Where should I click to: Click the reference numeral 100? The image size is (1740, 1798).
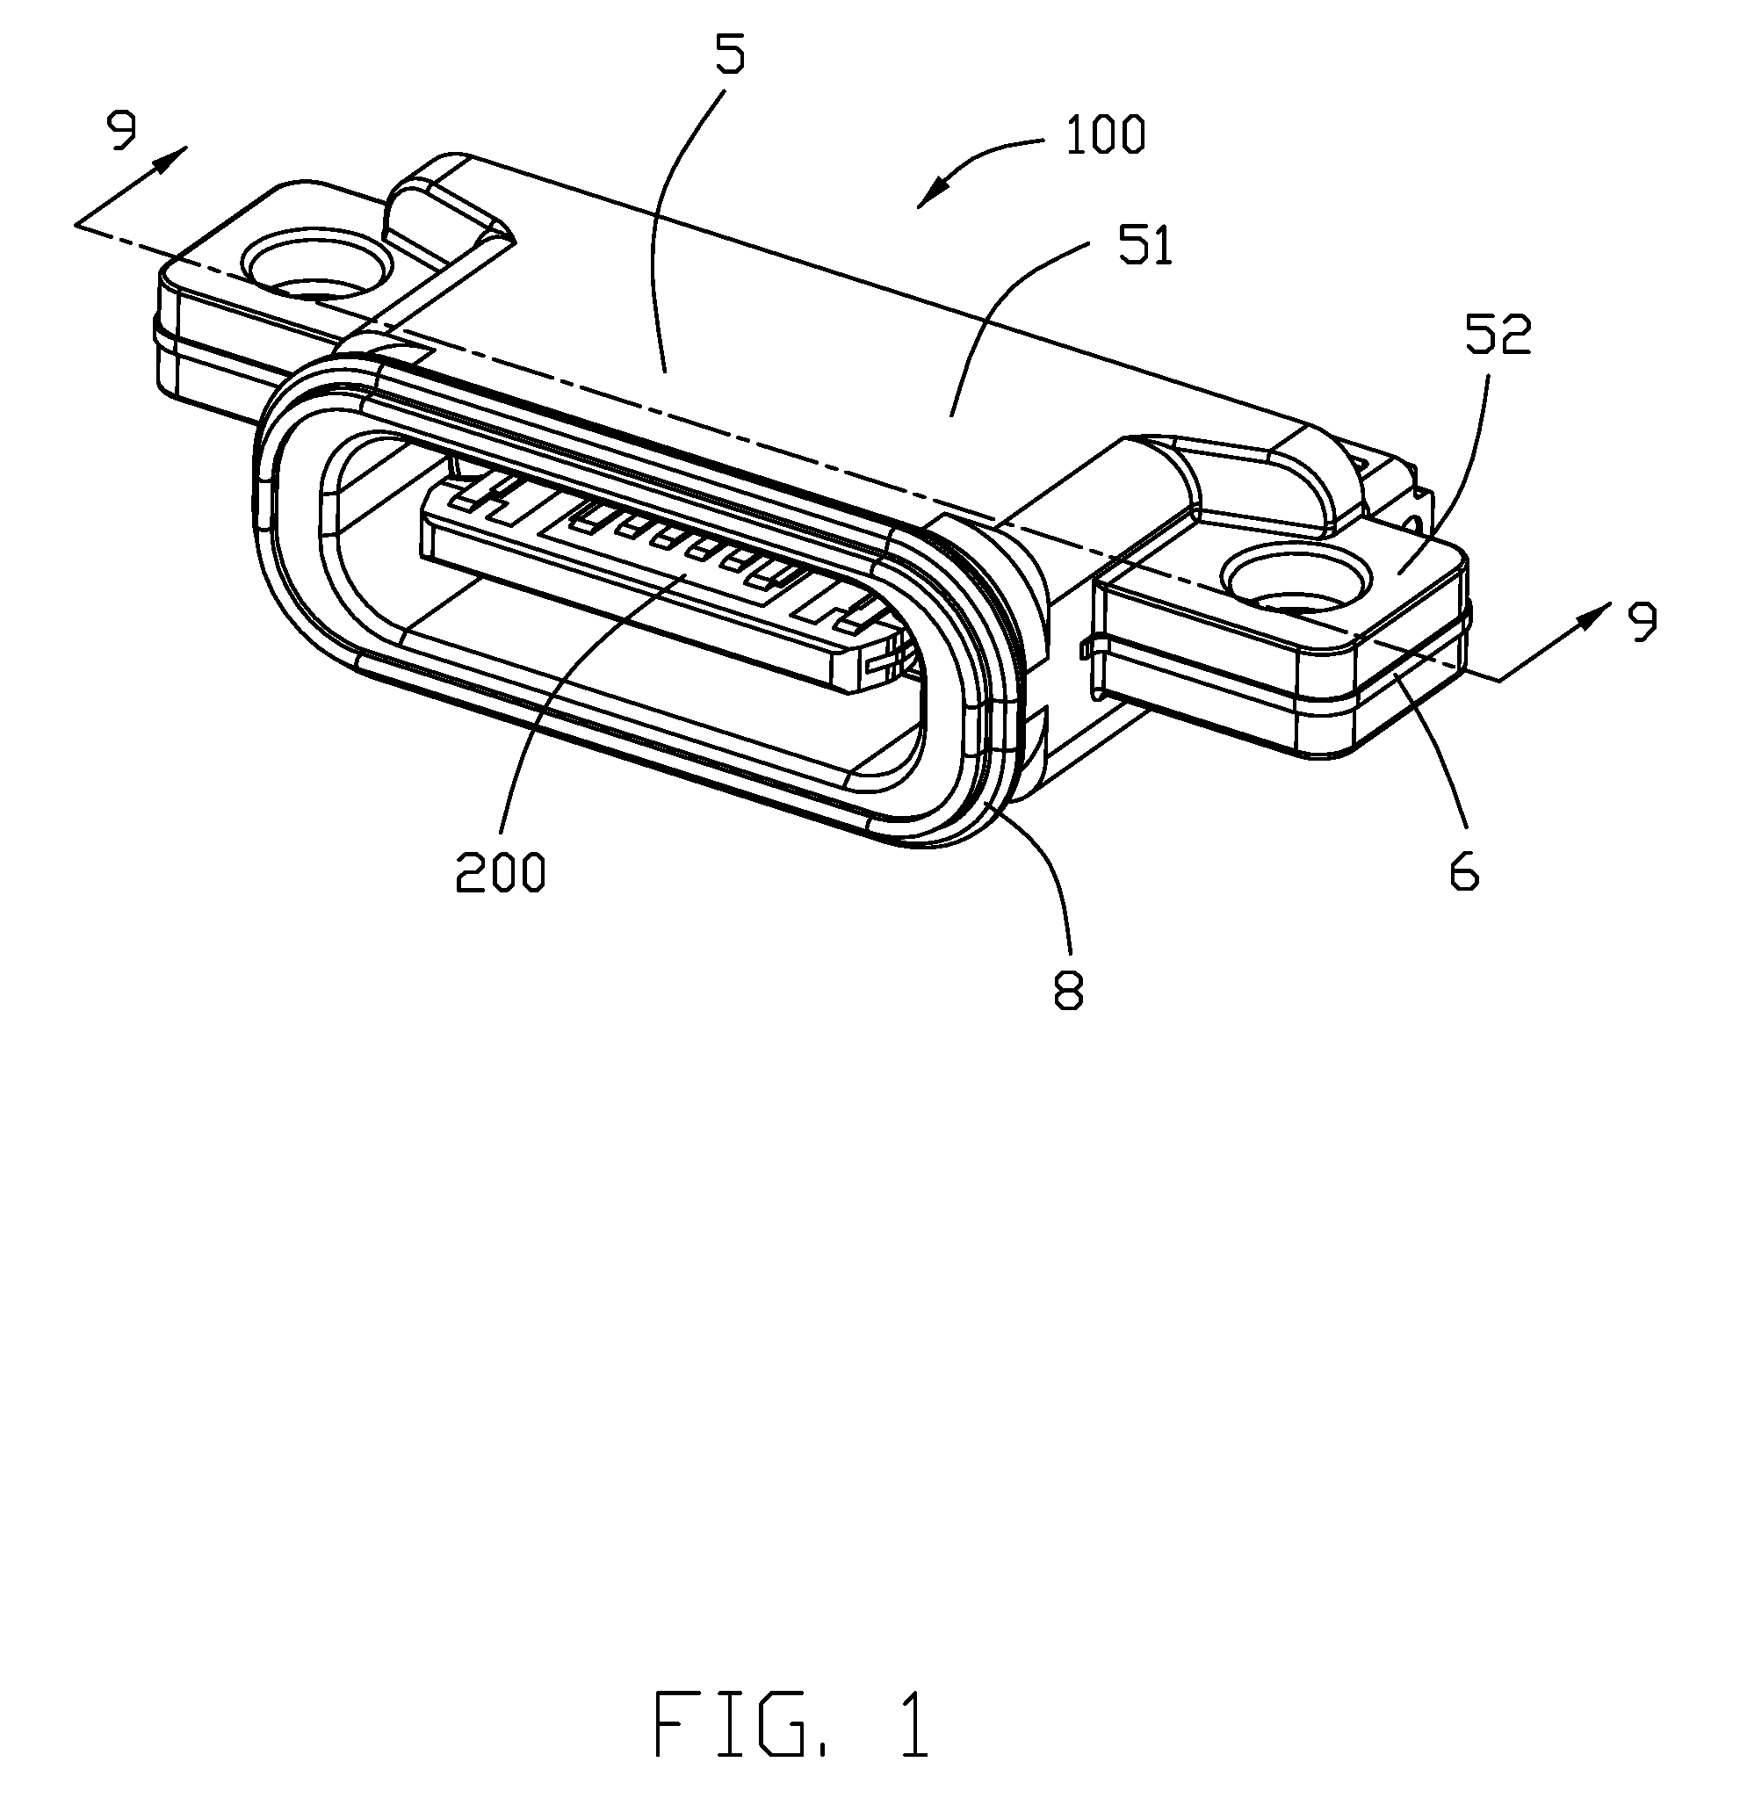coord(1105,136)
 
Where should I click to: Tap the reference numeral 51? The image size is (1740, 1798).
coord(1145,245)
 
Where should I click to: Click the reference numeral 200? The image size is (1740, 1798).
coord(501,870)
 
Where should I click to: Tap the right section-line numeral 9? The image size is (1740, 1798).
coord(1641,622)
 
